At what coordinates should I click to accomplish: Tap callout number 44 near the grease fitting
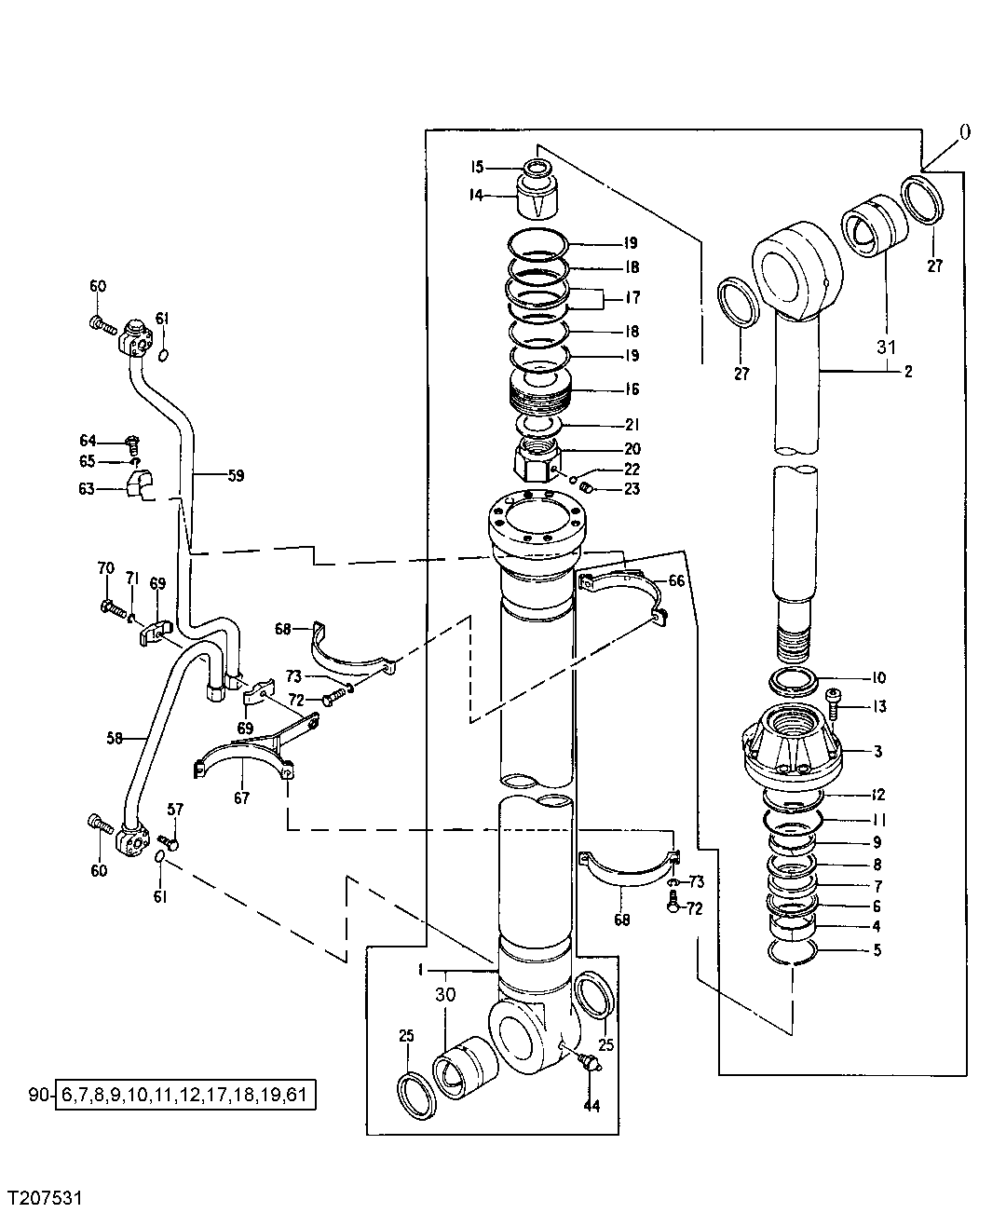click(x=591, y=1106)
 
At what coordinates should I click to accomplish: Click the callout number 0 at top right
click(x=964, y=132)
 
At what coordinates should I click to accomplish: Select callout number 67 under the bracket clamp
click(x=241, y=797)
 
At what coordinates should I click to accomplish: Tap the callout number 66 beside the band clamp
click(x=676, y=580)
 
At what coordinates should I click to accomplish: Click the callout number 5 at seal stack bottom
click(x=877, y=951)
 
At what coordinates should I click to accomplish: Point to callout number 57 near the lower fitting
click(x=176, y=810)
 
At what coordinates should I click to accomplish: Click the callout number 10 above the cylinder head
click(x=878, y=677)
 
